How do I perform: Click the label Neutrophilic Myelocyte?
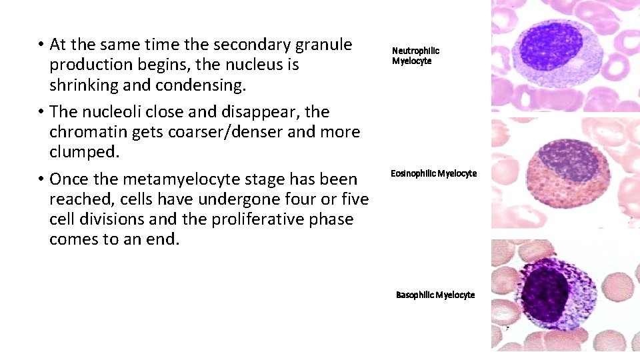coord(415,55)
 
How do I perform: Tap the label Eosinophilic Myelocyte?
coord(433,174)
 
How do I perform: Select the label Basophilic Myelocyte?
coord(435,295)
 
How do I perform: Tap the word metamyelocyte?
coord(173,179)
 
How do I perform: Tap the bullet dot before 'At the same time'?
coord(41,45)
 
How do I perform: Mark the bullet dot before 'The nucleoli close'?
coord(41,111)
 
